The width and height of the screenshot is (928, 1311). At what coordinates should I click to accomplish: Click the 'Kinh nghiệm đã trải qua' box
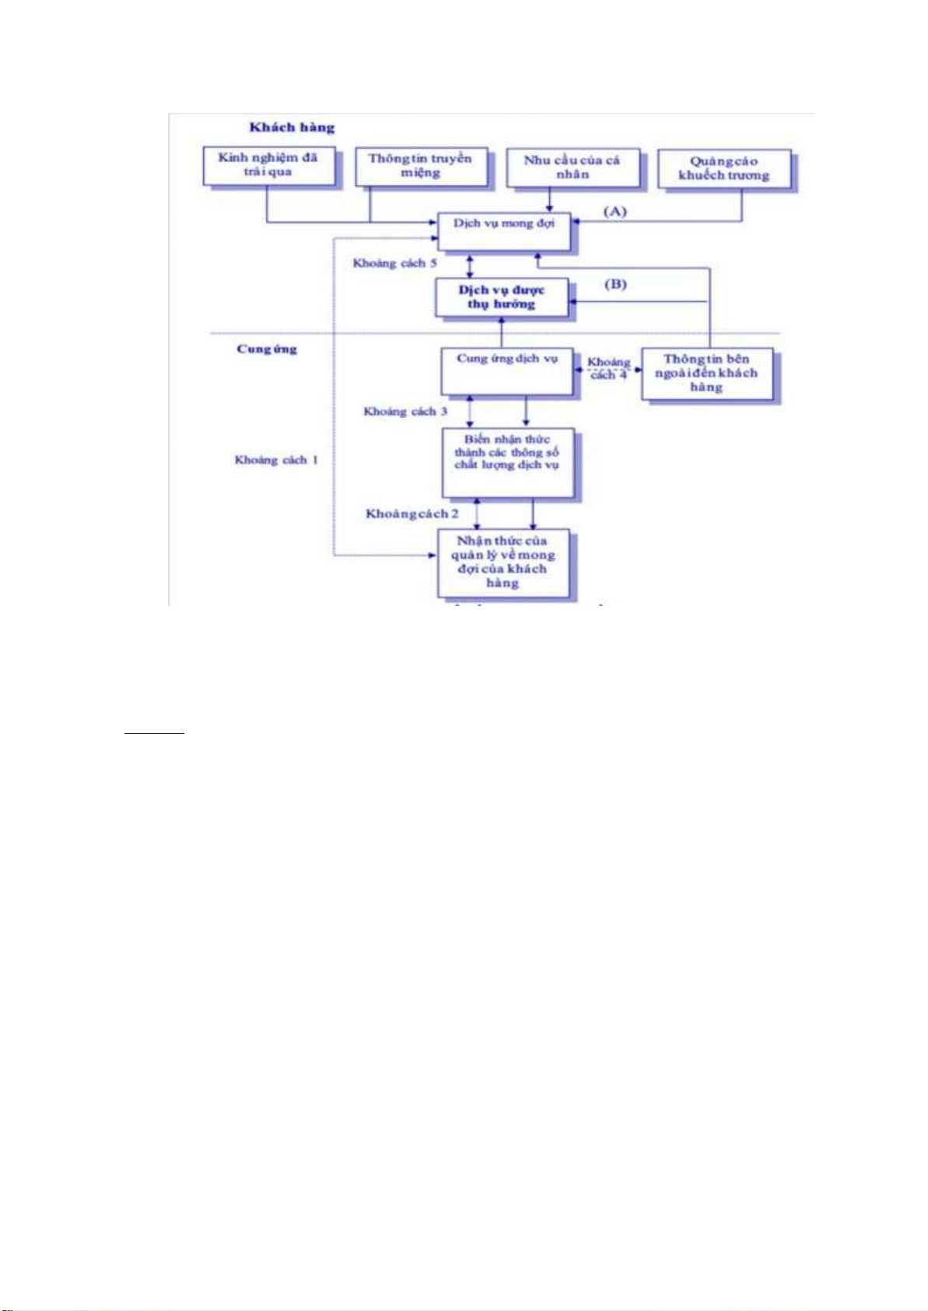pyautogui.click(x=269, y=165)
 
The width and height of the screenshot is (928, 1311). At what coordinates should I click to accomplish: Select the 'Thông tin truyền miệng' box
pyautogui.click(x=420, y=166)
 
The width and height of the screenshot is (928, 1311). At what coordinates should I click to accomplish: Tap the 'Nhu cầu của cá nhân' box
pyautogui.click(x=573, y=167)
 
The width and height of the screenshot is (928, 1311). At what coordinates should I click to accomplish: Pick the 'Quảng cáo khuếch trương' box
pyautogui.click(x=723, y=169)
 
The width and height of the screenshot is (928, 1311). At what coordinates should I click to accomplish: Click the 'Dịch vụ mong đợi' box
pyautogui.click(x=504, y=231)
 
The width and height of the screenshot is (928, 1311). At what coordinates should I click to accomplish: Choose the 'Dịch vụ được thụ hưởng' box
pyautogui.click(x=501, y=297)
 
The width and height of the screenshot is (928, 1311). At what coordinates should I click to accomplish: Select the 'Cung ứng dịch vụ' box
pyautogui.click(x=507, y=370)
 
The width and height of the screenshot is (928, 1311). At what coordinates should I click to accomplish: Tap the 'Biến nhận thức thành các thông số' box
pyautogui.click(x=507, y=462)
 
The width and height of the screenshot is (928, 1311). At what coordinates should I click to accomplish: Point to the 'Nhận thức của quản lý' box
pyautogui.click(x=503, y=563)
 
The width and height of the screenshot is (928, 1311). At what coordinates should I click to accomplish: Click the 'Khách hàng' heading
pyautogui.click(x=292, y=128)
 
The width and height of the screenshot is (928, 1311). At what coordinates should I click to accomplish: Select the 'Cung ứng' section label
pyautogui.click(x=267, y=349)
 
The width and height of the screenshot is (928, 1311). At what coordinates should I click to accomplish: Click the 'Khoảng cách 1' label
pyautogui.click(x=276, y=460)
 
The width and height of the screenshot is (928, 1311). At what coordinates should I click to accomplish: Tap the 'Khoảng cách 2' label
pyautogui.click(x=411, y=514)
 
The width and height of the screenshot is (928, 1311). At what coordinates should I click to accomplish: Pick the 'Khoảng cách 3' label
pyautogui.click(x=405, y=411)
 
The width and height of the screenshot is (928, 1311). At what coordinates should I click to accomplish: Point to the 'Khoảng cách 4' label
pyautogui.click(x=608, y=368)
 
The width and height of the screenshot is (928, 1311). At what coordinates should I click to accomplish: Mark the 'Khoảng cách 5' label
pyautogui.click(x=394, y=263)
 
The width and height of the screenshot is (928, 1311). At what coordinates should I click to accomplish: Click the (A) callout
pyautogui.click(x=615, y=211)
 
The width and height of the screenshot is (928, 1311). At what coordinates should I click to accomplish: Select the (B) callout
pyautogui.click(x=615, y=284)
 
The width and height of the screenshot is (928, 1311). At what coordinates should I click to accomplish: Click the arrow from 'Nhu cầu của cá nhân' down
pyautogui.click(x=550, y=200)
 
